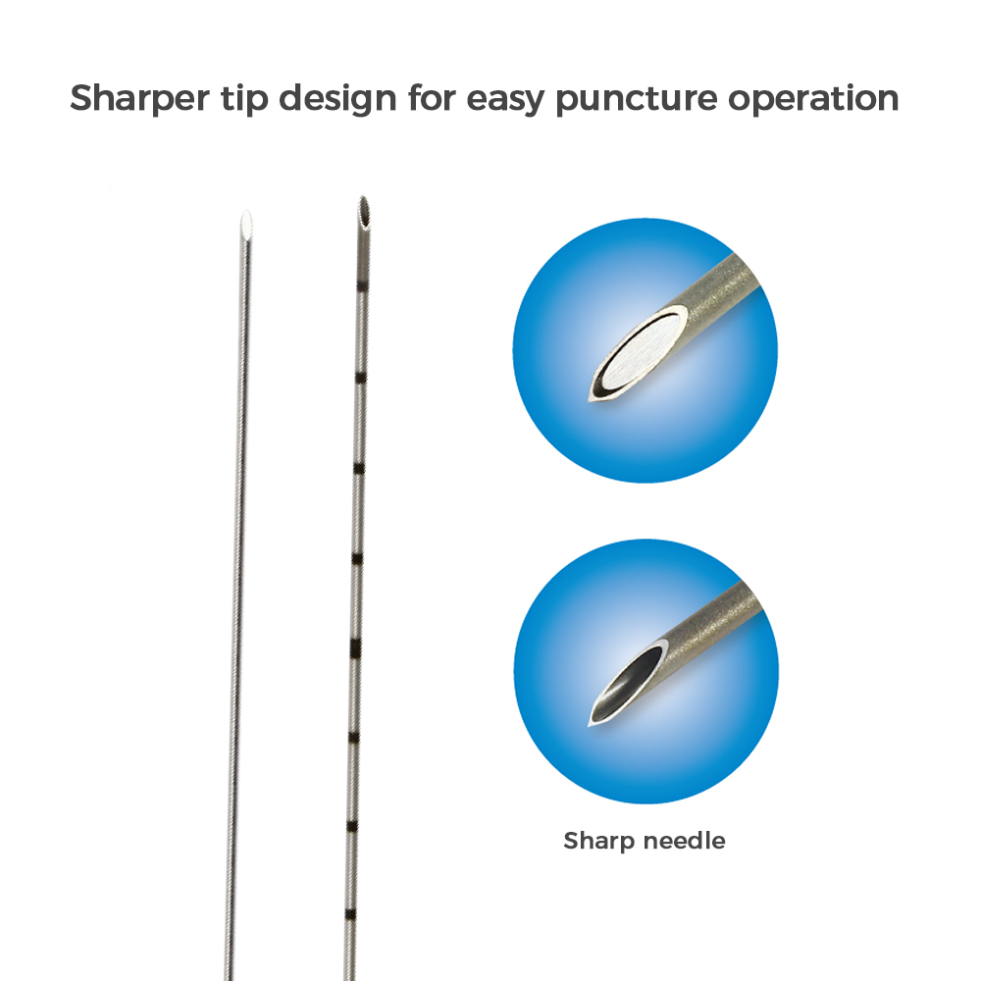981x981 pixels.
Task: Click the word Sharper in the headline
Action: point(139,99)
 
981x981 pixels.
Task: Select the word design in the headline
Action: point(337,99)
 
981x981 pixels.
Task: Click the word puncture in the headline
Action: point(637,100)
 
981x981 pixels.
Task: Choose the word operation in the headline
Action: point(813,99)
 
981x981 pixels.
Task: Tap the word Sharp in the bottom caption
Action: point(598,842)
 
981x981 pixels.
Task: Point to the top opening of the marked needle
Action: point(364,212)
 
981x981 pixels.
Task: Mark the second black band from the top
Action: point(360,378)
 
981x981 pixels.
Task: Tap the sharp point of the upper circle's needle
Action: point(590,398)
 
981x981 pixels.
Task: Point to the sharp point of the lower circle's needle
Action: point(590,725)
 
